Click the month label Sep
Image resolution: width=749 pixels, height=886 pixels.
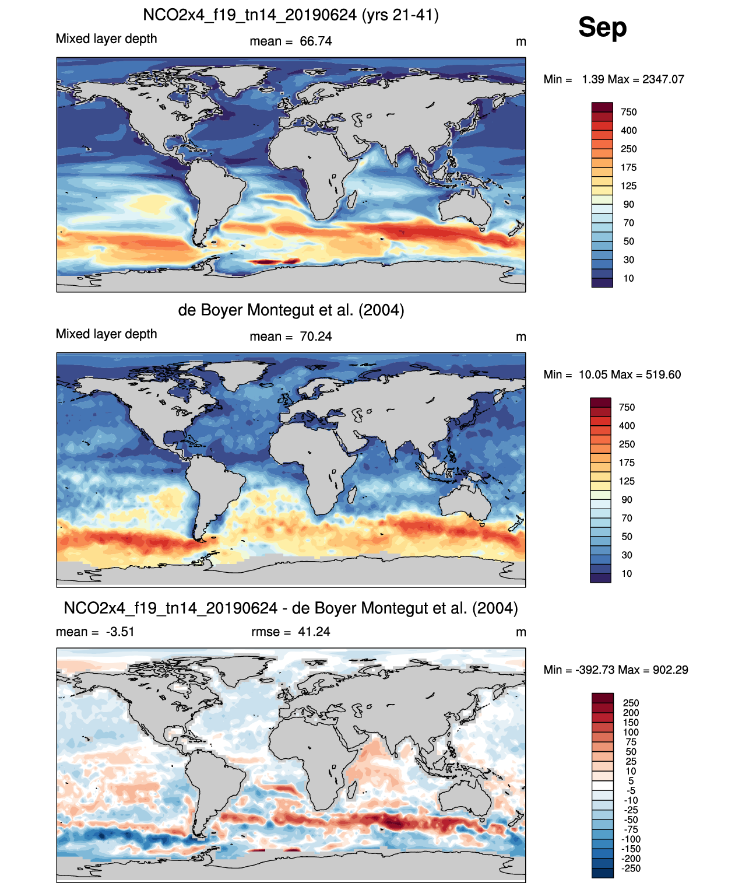click(602, 27)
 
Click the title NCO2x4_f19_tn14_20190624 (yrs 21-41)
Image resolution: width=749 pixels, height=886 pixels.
click(291, 15)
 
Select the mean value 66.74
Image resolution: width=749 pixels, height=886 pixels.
click(315, 41)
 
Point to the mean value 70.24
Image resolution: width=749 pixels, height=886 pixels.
click(315, 337)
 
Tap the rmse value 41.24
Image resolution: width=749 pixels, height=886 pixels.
click(314, 632)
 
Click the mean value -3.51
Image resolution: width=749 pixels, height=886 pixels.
click(120, 632)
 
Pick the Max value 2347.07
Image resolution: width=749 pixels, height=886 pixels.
click(663, 79)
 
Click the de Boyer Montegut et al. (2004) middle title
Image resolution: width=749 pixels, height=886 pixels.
click(291, 310)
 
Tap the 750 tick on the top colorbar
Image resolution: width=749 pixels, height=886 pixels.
click(628, 112)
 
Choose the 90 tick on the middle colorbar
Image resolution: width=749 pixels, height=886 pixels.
click(627, 500)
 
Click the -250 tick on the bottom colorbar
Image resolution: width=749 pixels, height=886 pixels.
click(631, 869)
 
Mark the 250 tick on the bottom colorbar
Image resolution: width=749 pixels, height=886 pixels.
click(631, 703)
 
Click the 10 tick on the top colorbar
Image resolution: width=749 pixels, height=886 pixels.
click(628, 278)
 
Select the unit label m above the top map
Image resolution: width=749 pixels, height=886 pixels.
click(521, 42)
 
